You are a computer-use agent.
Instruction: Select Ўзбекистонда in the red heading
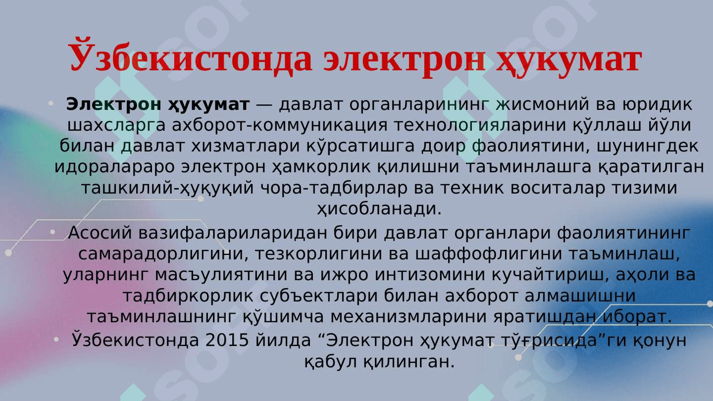coord(191,58)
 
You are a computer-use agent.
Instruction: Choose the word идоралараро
coord(115,167)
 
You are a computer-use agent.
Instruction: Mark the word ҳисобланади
coord(379,209)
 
